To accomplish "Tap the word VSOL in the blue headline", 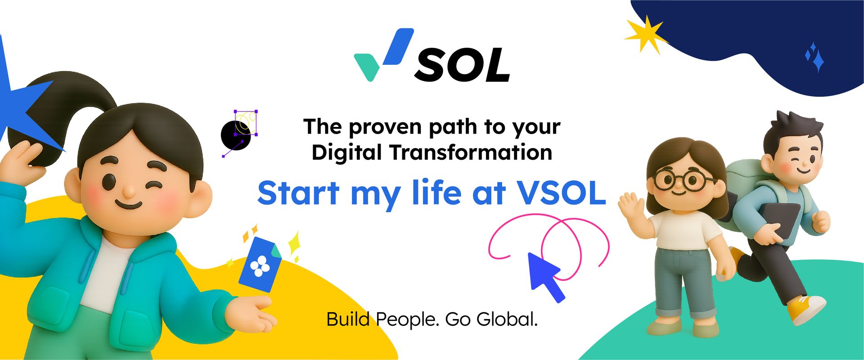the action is (561, 193).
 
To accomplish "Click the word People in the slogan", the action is (407, 320).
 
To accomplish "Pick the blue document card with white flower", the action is (260, 264).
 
